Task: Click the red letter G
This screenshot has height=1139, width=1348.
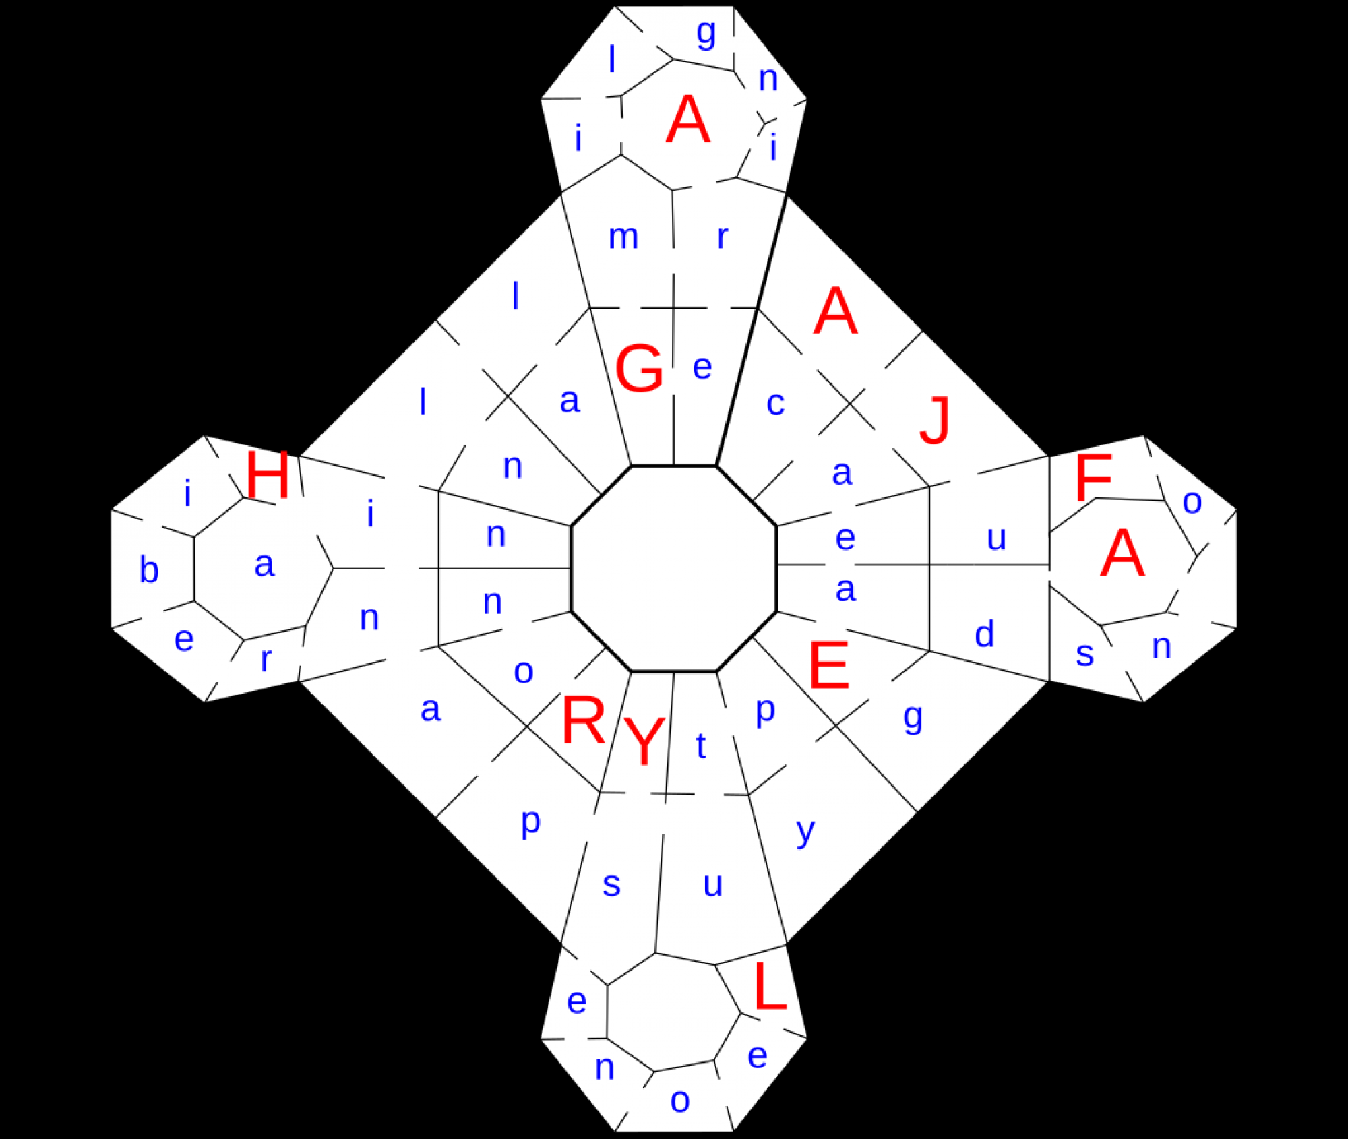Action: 639,368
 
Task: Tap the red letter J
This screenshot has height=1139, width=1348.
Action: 936,420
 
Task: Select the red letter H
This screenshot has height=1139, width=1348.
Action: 268,474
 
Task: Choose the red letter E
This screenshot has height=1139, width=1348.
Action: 828,665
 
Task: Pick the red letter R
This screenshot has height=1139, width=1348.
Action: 583,720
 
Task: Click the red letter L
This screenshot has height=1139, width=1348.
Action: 770,986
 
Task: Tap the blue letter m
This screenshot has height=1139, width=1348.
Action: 623,237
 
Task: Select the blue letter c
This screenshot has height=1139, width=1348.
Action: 776,404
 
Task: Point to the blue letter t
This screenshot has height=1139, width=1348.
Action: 701,745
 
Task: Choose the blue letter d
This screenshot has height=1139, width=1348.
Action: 985,634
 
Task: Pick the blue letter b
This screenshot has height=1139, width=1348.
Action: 149,569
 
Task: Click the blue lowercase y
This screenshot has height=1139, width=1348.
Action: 805,832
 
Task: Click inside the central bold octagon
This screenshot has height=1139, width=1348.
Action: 674,568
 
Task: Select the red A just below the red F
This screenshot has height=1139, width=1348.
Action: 1122,553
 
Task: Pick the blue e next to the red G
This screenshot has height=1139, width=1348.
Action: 702,367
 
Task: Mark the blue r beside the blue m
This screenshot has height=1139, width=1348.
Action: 723,237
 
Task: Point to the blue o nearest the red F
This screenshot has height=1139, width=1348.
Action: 1192,502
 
